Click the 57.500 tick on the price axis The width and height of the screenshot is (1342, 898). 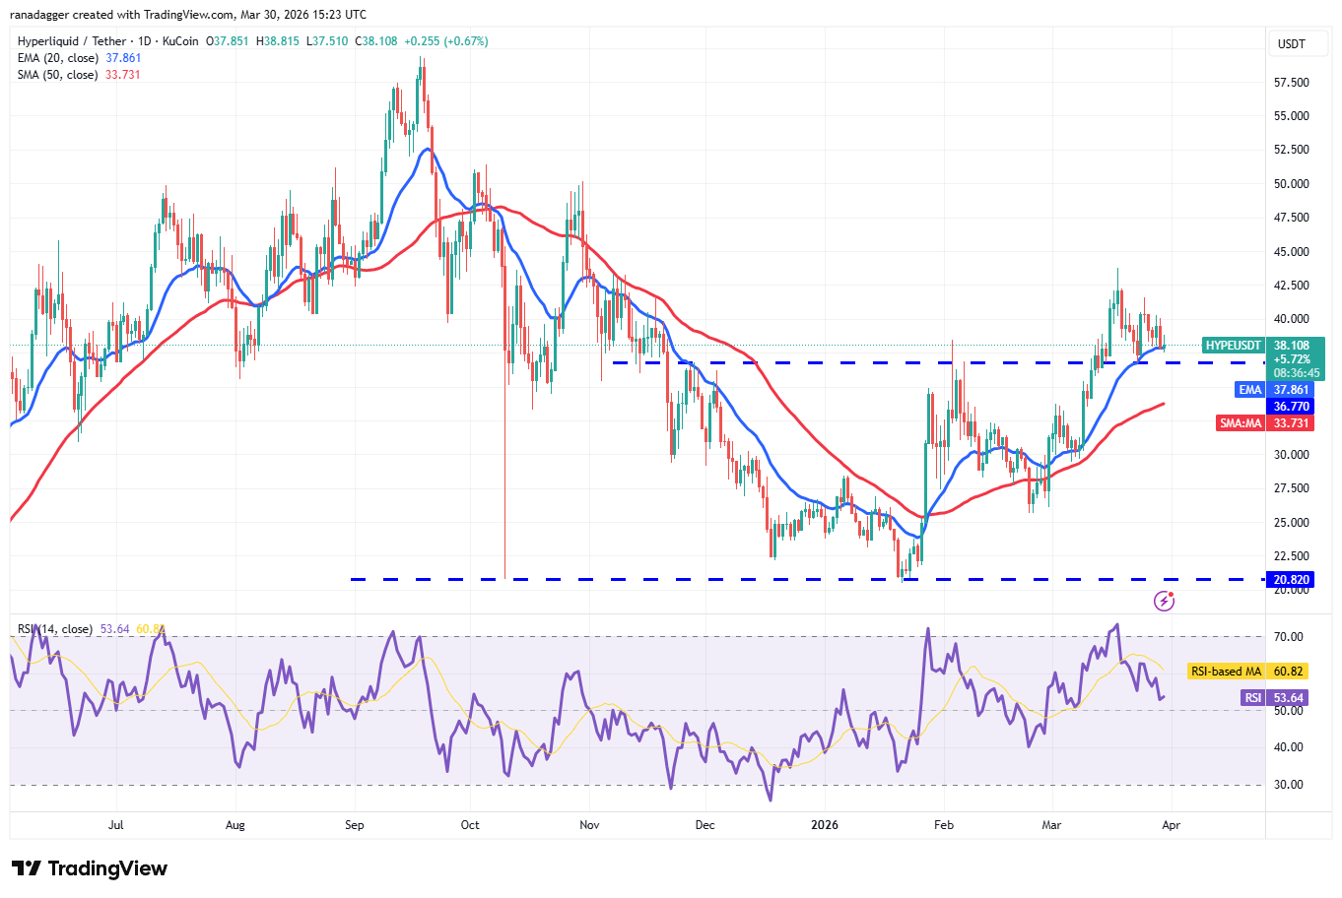pyautogui.click(x=1291, y=82)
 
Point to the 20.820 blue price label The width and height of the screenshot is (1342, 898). pyautogui.click(x=1291, y=580)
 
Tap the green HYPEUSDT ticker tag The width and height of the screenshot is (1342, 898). pyautogui.click(x=1233, y=346)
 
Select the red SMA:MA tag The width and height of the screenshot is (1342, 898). pyautogui.click(x=1241, y=423)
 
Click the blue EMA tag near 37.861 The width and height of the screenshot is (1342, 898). pyautogui.click(x=1249, y=390)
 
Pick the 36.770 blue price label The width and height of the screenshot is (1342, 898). pyautogui.click(x=1291, y=407)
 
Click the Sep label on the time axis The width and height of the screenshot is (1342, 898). pyautogui.click(x=355, y=825)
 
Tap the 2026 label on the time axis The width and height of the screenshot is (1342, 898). pyautogui.click(x=825, y=825)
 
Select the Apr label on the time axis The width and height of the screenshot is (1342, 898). pyautogui.click(x=1172, y=825)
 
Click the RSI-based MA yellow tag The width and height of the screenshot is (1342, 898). pyautogui.click(x=1226, y=672)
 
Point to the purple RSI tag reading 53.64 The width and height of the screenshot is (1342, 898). pyautogui.click(x=1251, y=698)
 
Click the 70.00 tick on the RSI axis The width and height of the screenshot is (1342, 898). pyautogui.click(x=1289, y=637)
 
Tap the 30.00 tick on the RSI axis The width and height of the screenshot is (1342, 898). pyautogui.click(x=1289, y=785)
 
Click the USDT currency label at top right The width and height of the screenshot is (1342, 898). pyautogui.click(x=1291, y=44)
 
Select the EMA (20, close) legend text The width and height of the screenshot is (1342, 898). pyautogui.click(x=58, y=58)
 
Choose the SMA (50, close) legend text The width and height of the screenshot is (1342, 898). pyautogui.click(x=58, y=75)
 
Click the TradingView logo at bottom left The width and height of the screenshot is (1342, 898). pyautogui.click(x=90, y=868)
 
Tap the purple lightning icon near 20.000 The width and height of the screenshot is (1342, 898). pyautogui.click(x=1164, y=601)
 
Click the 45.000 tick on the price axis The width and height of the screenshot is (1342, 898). pyautogui.click(x=1291, y=251)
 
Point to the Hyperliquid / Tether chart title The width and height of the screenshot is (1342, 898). pyautogui.click(x=73, y=41)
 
